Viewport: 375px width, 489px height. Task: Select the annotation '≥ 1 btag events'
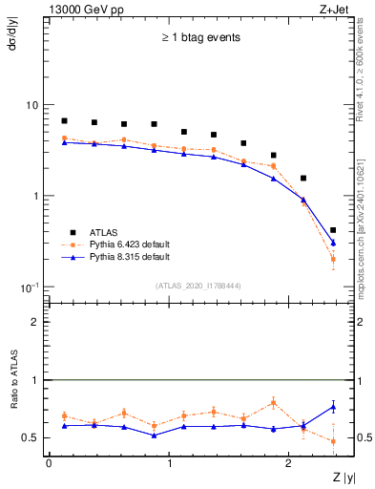[199, 38]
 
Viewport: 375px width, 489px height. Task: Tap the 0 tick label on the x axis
[49, 463]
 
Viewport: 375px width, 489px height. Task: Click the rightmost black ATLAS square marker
[332, 230]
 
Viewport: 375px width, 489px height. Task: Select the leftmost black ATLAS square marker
[64, 121]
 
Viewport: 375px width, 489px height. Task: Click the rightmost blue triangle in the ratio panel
[332, 407]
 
